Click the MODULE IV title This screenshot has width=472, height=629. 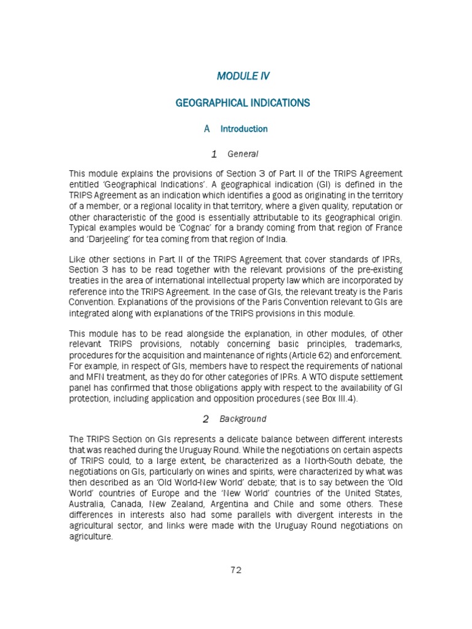click(x=243, y=76)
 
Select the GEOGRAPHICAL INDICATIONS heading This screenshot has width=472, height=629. click(x=243, y=103)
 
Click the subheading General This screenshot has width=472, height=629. click(x=243, y=154)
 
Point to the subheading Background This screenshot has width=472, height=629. click(x=243, y=419)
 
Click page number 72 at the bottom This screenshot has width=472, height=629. click(x=236, y=569)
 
